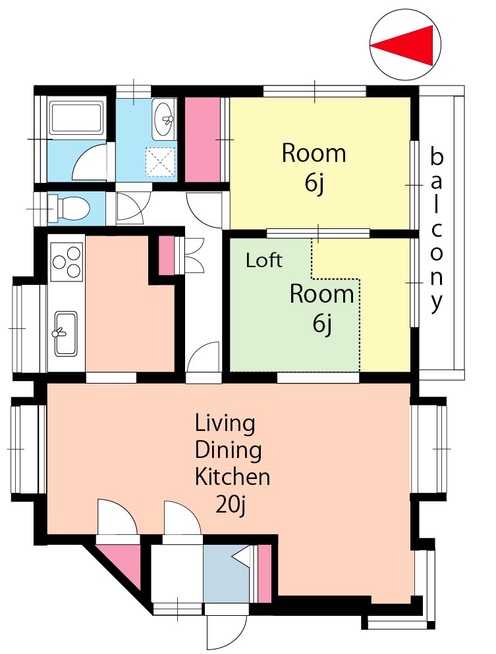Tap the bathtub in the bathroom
[76, 117]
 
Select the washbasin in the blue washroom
[163, 119]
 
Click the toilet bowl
[71, 207]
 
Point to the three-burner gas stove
[66, 262]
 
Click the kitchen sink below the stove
[66, 334]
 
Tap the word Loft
[264, 261]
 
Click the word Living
[225, 423]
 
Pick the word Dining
[229, 450]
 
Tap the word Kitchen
[233, 477]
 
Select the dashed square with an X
[160, 162]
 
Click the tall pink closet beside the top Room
[202, 139]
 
